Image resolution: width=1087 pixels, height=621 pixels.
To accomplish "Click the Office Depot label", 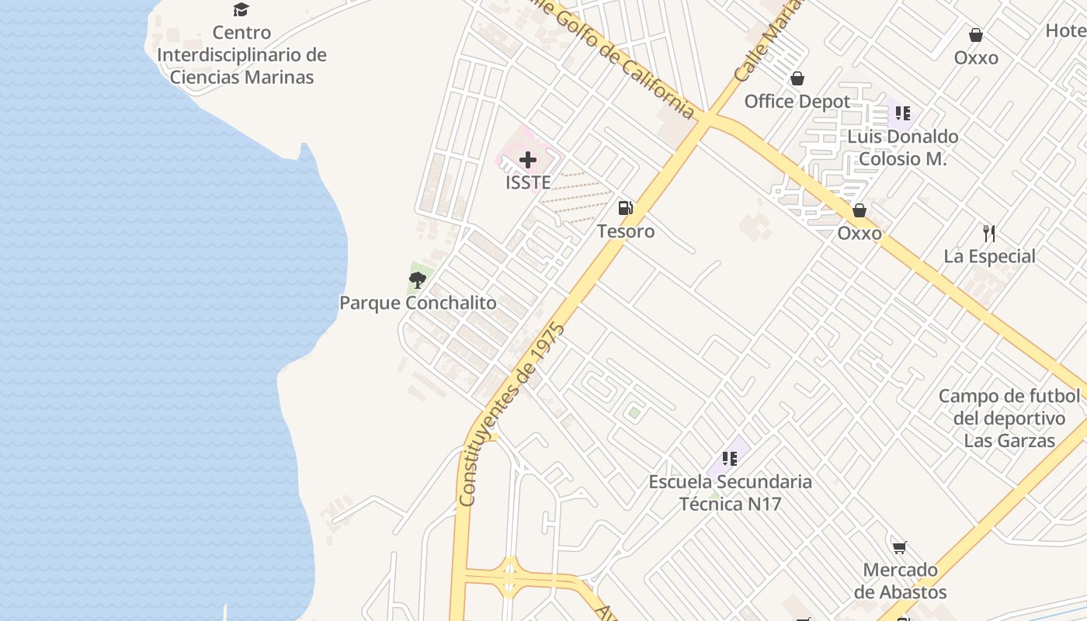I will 797,102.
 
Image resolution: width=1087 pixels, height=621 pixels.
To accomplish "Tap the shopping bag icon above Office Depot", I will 797,78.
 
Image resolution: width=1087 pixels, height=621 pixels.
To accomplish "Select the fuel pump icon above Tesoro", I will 625,207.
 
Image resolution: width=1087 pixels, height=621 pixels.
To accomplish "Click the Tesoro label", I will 625,231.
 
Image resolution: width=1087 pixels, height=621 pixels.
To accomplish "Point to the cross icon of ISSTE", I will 528,161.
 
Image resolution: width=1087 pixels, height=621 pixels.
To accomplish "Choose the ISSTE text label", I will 528,183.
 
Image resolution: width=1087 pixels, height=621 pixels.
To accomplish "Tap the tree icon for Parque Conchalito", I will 418,280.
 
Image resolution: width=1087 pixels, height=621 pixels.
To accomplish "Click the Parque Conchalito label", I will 418,303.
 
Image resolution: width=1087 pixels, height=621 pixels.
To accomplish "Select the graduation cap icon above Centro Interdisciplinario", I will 241,10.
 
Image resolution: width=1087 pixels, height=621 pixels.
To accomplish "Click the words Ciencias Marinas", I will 241,77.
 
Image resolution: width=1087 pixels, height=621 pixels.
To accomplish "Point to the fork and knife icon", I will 989,233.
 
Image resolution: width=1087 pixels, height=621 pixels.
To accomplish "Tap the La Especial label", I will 989,257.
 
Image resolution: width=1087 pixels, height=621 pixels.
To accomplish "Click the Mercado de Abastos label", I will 900,581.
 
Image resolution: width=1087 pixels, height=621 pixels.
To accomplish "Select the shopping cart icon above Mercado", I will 900,547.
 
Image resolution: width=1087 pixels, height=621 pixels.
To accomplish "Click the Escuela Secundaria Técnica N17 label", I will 730,493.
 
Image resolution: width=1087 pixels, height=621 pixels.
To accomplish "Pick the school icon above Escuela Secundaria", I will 729,459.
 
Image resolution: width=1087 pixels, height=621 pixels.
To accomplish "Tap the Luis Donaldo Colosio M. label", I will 902,147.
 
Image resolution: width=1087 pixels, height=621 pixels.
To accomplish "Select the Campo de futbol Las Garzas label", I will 1009,418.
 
